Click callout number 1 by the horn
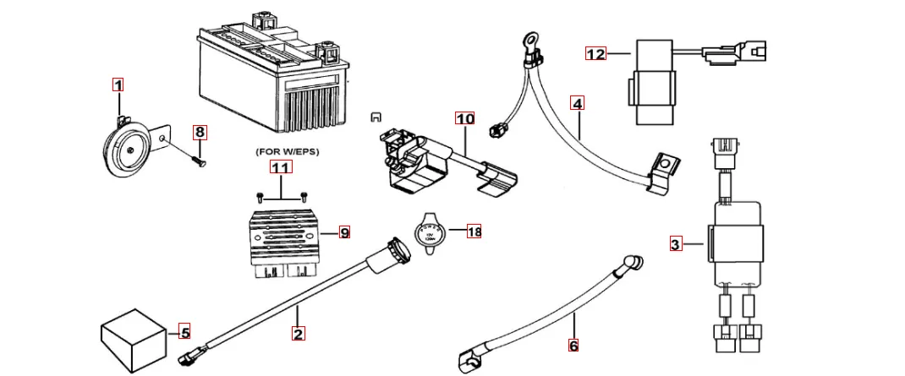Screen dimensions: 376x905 pyautogui.click(x=118, y=84)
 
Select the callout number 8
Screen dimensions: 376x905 pyautogui.click(x=200, y=132)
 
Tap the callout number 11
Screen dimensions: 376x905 pyautogui.click(x=281, y=168)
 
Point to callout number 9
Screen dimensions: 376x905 pyautogui.click(x=344, y=232)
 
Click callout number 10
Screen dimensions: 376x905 pyautogui.click(x=465, y=118)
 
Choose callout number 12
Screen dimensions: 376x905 pyautogui.click(x=596, y=54)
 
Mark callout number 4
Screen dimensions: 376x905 pyautogui.click(x=577, y=104)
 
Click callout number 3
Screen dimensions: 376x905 pyautogui.click(x=675, y=245)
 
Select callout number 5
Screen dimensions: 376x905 pyautogui.click(x=185, y=330)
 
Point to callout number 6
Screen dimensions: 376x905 pyautogui.click(x=573, y=345)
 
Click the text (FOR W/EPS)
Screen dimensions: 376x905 pyautogui.click(x=281, y=151)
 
